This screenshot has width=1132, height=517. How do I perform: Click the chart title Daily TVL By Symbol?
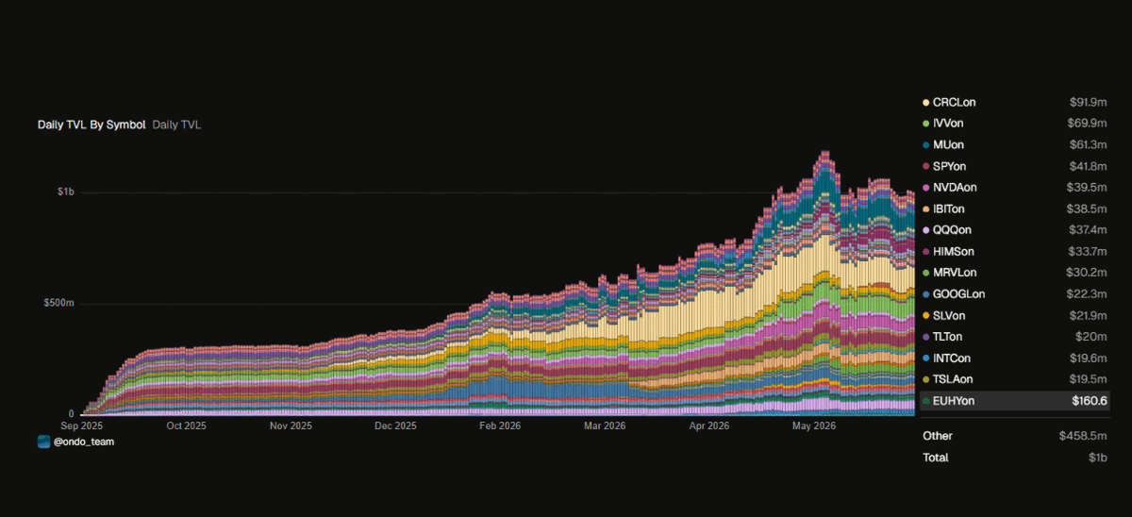tap(92, 125)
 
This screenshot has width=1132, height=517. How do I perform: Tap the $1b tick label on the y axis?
tap(66, 192)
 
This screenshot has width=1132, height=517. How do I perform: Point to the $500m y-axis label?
tap(58, 303)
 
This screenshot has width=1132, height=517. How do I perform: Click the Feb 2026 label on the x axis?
tap(500, 426)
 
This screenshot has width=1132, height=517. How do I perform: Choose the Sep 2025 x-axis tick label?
tap(81, 426)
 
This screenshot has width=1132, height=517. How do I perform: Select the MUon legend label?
tap(949, 145)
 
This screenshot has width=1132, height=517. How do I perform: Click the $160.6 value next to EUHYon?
tap(1090, 401)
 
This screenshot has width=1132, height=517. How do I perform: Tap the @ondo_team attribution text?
tap(84, 442)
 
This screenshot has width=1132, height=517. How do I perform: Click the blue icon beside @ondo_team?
tap(44, 442)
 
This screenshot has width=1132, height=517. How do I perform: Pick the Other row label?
tap(938, 436)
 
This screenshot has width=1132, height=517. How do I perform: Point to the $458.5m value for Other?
tap(1083, 436)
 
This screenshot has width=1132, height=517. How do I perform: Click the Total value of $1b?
tap(1098, 458)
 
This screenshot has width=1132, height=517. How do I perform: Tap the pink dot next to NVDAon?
tap(925, 188)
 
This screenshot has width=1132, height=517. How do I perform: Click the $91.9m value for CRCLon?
tap(1088, 103)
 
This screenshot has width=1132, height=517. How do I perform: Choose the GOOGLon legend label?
tap(958, 294)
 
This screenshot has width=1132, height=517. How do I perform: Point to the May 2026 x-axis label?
tap(813, 426)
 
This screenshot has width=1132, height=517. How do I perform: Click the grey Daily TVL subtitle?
tap(176, 125)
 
